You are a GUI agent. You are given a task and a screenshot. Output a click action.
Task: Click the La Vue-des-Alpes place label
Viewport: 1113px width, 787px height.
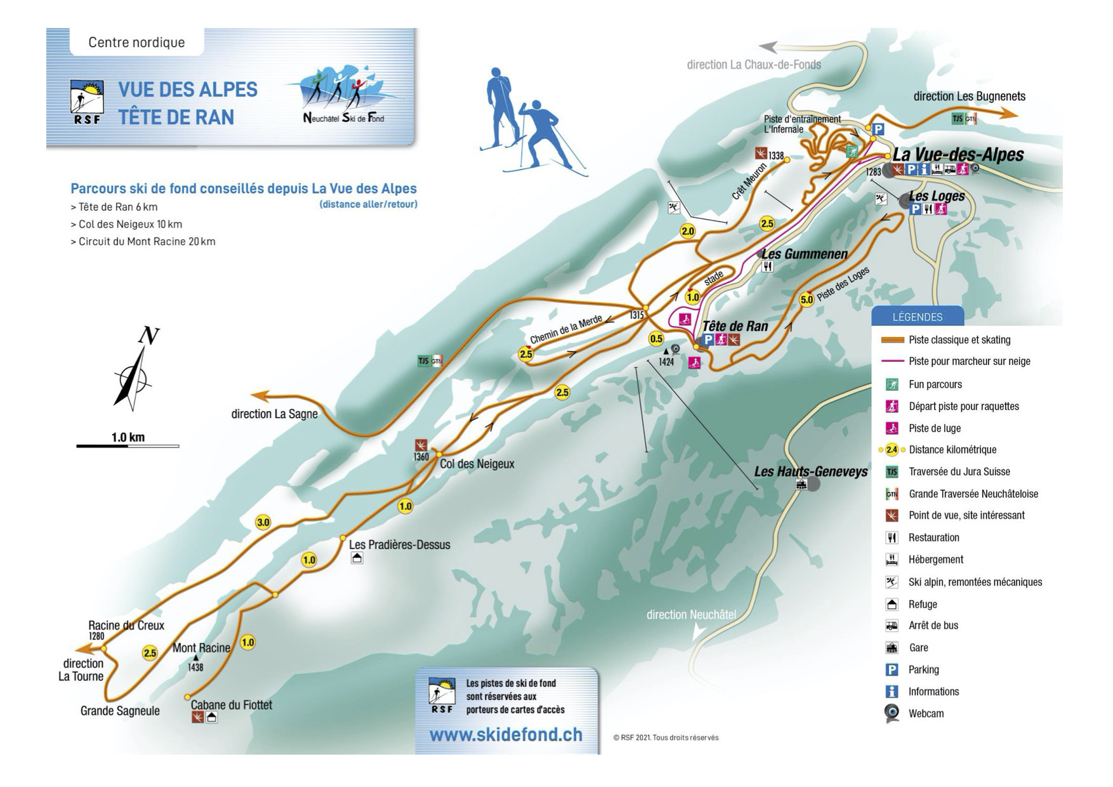(x=958, y=155)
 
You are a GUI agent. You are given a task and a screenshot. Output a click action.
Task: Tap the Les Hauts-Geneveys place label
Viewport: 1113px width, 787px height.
(x=810, y=472)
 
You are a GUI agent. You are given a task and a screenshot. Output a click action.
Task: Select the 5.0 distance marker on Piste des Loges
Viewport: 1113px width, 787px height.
(x=806, y=300)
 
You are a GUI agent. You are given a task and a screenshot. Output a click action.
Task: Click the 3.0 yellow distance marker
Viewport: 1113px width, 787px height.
(x=263, y=523)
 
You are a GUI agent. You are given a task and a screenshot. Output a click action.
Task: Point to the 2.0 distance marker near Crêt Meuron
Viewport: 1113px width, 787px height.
(x=688, y=231)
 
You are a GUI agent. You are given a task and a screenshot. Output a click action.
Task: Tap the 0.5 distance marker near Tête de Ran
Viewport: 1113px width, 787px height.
(x=656, y=339)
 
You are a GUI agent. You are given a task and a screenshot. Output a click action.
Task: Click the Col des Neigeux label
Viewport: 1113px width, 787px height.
(x=477, y=464)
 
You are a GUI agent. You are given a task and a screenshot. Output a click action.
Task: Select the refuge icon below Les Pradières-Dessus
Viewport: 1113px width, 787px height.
(x=357, y=559)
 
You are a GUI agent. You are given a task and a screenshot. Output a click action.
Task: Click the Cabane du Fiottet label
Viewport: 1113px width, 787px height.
(x=231, y=704)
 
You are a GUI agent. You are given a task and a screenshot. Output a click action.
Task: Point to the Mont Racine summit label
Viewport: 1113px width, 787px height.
(x=201, y=648)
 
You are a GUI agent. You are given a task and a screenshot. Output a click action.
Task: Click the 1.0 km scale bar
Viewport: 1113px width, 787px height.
(x=128, y=446)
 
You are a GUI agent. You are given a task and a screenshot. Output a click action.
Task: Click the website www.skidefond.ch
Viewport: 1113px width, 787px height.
(x=506, y=735)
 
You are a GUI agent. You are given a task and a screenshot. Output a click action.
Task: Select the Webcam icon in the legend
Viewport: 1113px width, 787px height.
(x=892, y=713)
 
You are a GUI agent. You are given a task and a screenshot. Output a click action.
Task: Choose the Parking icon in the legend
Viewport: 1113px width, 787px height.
(x=892, y=670)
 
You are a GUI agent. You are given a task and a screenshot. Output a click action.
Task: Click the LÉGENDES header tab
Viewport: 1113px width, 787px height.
(x=917, y=317)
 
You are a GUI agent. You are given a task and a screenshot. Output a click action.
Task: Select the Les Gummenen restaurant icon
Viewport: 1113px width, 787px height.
(x=768, y=267)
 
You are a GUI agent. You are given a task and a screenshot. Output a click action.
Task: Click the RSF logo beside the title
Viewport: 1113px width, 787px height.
(x=86, y=102)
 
